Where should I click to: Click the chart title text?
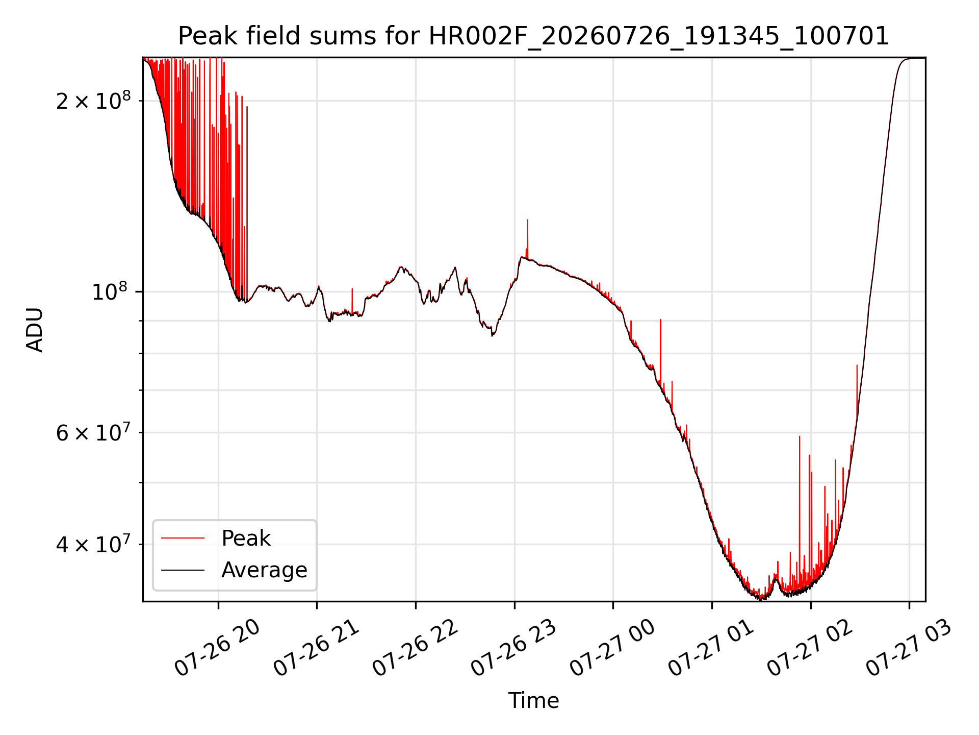(x=533, y=36)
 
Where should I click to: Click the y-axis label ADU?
(x=35, y=330)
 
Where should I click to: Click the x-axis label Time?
(x=533, y=700)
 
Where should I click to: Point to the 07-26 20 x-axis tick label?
(x=218, y=648)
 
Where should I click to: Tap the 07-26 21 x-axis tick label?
(x=317, y=648)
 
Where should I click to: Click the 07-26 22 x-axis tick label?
(x=416, y=648)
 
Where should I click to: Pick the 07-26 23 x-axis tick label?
(x=514, y=648)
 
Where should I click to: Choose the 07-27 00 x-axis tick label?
(x=613, y=648)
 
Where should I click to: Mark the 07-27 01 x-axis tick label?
(x=711, y=648)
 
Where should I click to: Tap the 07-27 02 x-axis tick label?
(x=810, y=648)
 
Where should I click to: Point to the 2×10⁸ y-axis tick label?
(x=93, y=101)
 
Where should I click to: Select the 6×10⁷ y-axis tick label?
(x=93, y=432)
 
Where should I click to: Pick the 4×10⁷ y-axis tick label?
(x=93, y=544)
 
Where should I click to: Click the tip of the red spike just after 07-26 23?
(x=527, y=220)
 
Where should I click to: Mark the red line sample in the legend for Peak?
(x=183, y=538)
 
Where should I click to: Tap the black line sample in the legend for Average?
(x=183, y=570)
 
